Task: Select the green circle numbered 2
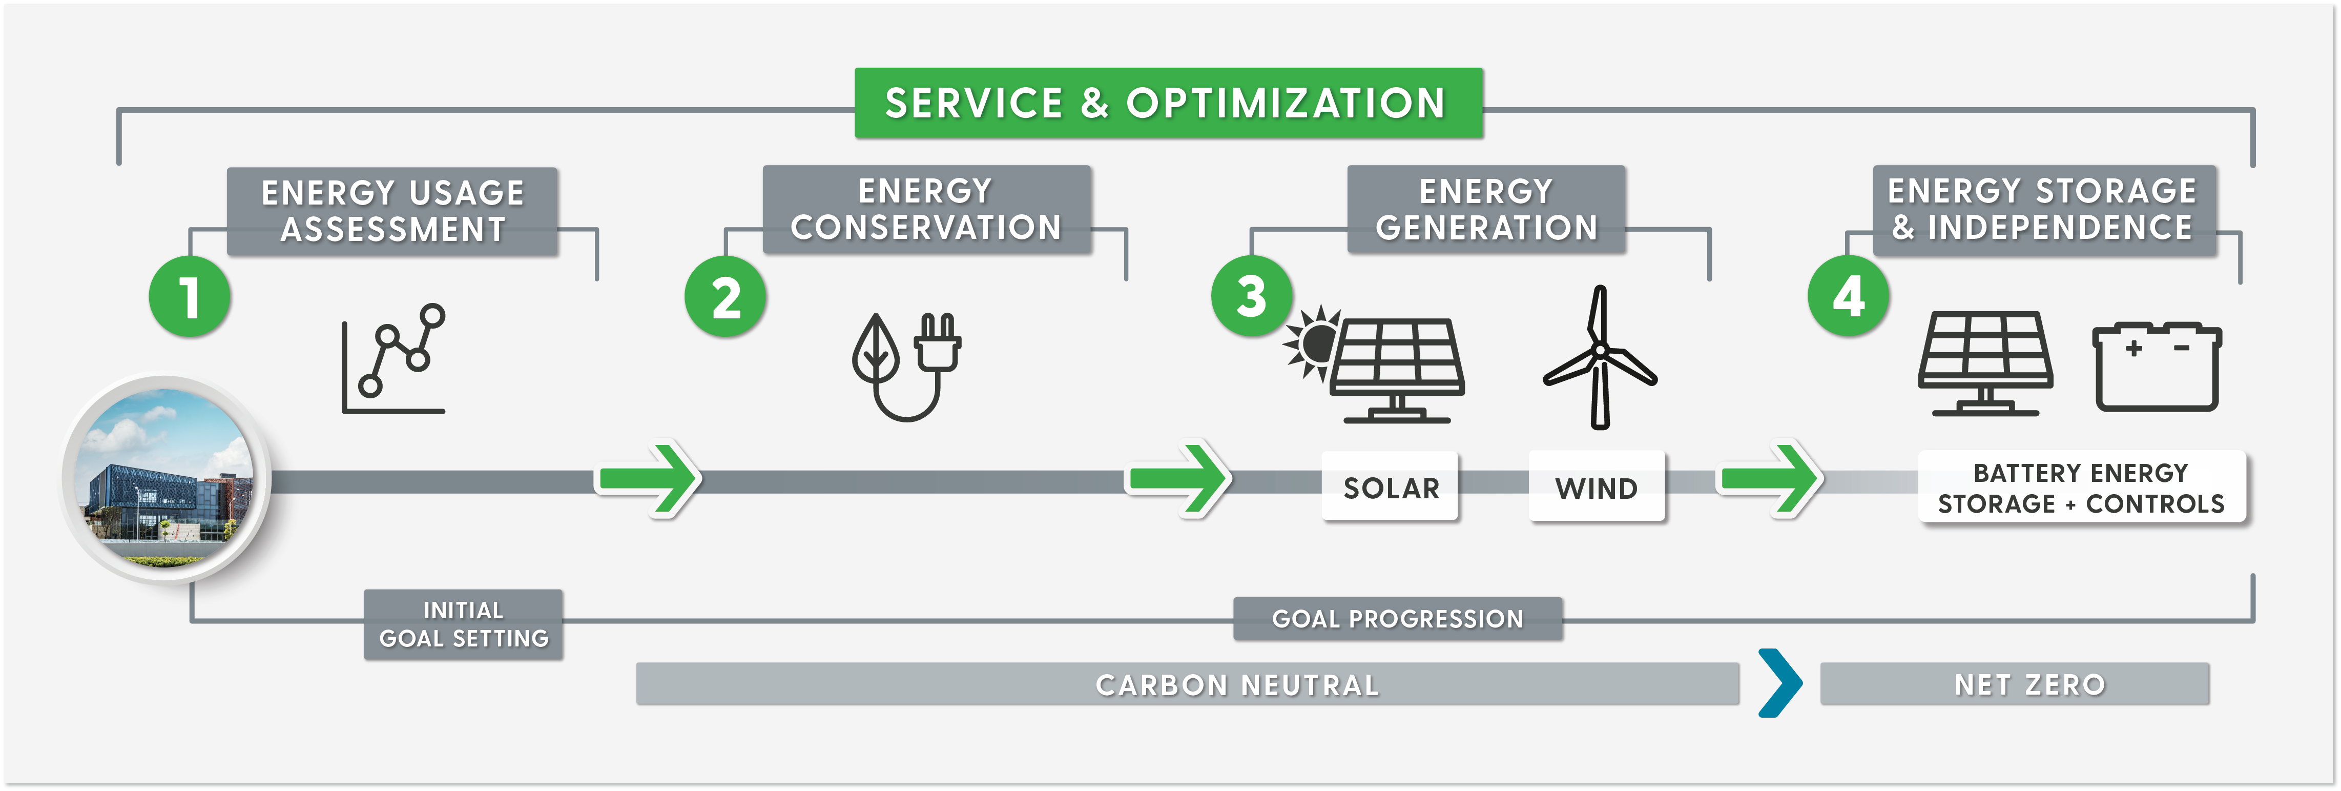coord(725,297)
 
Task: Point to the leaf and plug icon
coord(906,366)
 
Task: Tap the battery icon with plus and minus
coord(2157,368)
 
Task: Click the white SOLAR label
coord(1391,488)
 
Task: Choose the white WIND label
coord(1596,488)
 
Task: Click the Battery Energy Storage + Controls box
coord(2081,488)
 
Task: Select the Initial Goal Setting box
coord(464,624)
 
